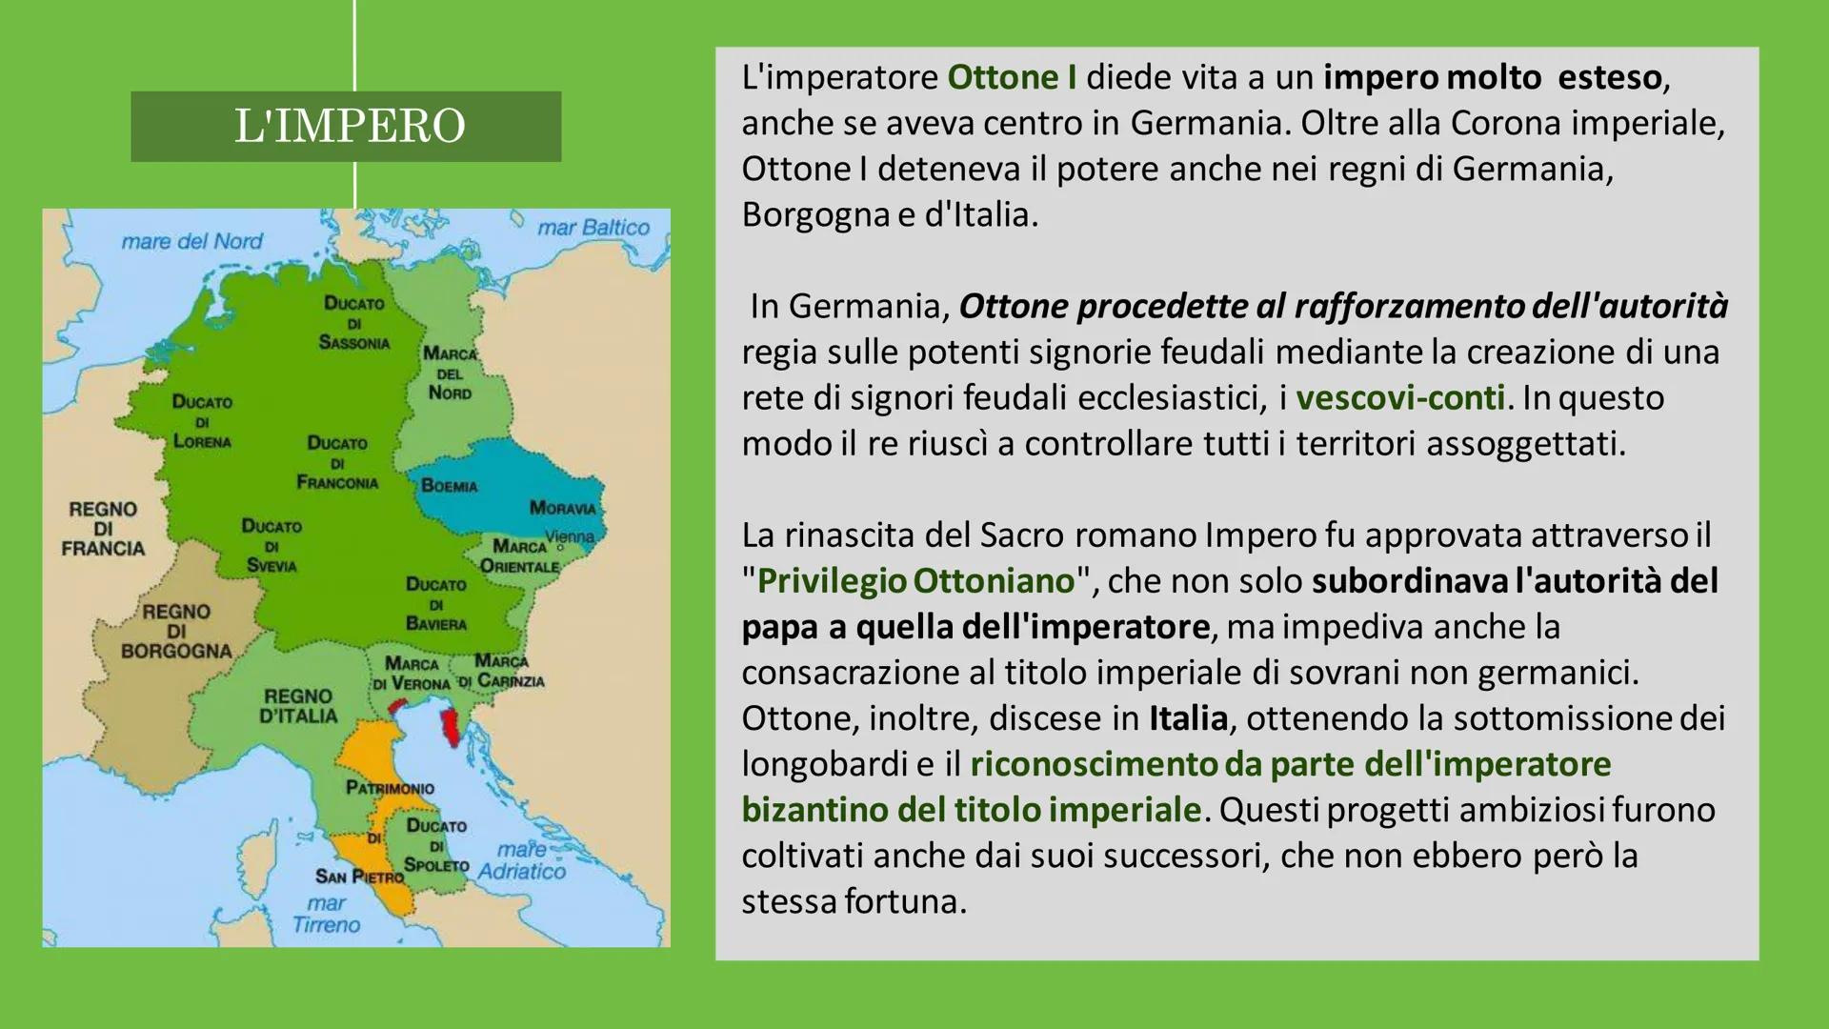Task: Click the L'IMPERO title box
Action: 346,126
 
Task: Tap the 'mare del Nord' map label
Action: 191,241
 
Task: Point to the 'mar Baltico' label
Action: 593,228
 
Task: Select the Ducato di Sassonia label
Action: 354,323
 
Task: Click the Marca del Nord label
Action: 450,373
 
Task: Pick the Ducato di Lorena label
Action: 202,421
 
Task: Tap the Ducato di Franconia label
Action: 337,463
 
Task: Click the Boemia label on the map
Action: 450,486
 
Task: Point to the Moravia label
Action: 563,508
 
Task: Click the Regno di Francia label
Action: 103,529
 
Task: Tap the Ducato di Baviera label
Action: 436,604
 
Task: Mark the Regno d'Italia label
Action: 299,706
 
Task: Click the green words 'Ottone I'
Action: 1013,77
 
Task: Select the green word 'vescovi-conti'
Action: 1400,397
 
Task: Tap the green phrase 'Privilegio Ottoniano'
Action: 915,580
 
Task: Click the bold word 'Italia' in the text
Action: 1189,717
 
